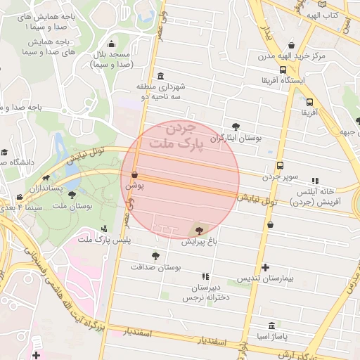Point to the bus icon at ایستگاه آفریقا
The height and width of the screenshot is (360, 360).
click(283, 70)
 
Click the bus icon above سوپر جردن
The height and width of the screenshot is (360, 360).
click(280, 165)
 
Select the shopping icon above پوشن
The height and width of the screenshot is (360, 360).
click(134, 175)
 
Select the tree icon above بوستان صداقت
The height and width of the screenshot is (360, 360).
click(155, 257)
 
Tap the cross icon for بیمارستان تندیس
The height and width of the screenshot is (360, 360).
click(265, 267)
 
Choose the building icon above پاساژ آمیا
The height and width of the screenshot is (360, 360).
click(271, 326)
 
